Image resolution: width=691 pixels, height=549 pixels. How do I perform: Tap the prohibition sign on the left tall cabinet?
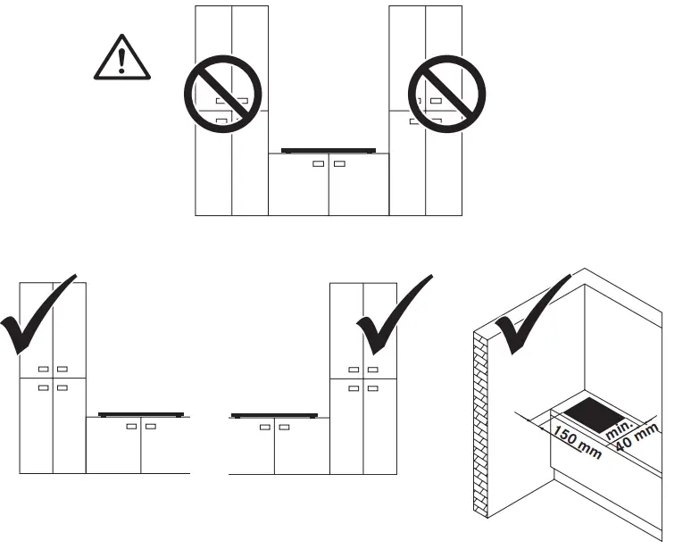222,94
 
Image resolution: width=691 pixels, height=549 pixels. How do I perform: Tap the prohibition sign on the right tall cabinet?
446,94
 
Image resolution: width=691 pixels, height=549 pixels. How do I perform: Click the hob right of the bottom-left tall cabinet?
141,415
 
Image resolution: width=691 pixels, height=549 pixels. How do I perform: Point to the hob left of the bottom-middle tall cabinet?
274,416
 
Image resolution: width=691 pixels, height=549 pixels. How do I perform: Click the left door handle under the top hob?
318,164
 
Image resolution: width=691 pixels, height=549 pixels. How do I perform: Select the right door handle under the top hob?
339,164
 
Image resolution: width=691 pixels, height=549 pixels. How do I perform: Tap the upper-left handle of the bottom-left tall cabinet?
44,369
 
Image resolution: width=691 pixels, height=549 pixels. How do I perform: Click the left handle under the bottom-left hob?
132,428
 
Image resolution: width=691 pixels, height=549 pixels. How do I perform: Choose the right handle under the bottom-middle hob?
284,428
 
